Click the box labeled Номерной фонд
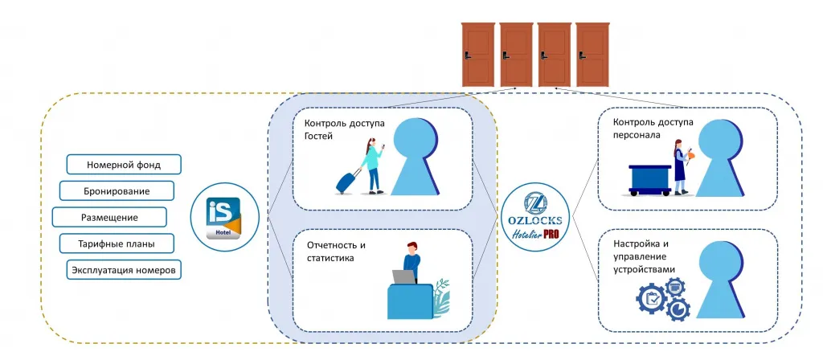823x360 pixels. pos(124,164)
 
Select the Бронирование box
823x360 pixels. pos(117,191)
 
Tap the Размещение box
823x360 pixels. pos(109,217)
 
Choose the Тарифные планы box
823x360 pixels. pos(117,243)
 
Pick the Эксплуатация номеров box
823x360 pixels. pos(124,270)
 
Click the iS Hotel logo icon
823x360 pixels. pos(224,217)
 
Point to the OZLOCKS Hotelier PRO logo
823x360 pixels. pos(535,217)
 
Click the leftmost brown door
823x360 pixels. pos(478,55)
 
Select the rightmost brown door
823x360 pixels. pos(592,55)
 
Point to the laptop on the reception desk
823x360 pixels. pos(405,277)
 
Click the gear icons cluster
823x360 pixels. pos(663,300)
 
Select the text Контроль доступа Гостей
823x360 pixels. pos(344,130)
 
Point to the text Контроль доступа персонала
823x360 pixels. pos(653,128)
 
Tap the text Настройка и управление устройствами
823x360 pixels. pos(644,256)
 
